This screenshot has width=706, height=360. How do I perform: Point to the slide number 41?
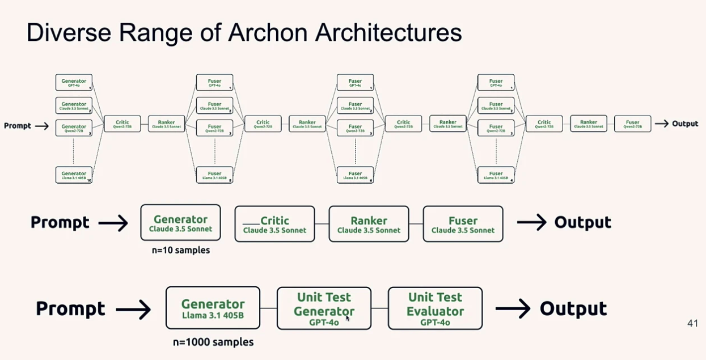click(x=692, y=324)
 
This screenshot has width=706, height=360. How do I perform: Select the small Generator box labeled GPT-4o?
click(x=74, y=83)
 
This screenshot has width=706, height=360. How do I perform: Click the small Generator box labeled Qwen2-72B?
click(x=74, y=128)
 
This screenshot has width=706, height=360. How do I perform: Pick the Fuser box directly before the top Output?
click(x=632, y=124)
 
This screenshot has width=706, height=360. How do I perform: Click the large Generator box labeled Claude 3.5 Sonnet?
click(x=180, y=223)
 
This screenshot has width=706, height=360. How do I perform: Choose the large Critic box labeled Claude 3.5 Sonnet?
click(x=274, y=224)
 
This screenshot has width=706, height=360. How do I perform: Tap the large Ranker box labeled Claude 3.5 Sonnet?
click(x=369, y=224)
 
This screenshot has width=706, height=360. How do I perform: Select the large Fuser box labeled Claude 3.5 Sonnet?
click(x=463, y=224)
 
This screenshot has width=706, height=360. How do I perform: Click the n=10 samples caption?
click(x=181, y=250)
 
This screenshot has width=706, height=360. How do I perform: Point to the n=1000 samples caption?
click(x=213, y=342)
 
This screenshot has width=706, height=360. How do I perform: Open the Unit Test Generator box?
click(x=324, y=308)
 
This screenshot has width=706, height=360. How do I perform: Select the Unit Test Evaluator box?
click(x=435, y=308)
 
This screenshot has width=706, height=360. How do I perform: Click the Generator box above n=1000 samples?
click(x=213, y=308)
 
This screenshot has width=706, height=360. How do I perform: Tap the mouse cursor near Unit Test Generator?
click(x=348, y=318)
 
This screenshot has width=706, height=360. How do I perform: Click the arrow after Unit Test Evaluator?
click(x=513, y=309)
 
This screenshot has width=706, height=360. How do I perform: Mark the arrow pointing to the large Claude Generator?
click(x=113, y=223)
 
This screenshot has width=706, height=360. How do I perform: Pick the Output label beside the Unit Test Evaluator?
click(x=573, y=309)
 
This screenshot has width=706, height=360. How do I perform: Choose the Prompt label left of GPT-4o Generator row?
click(x=18, y=126)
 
